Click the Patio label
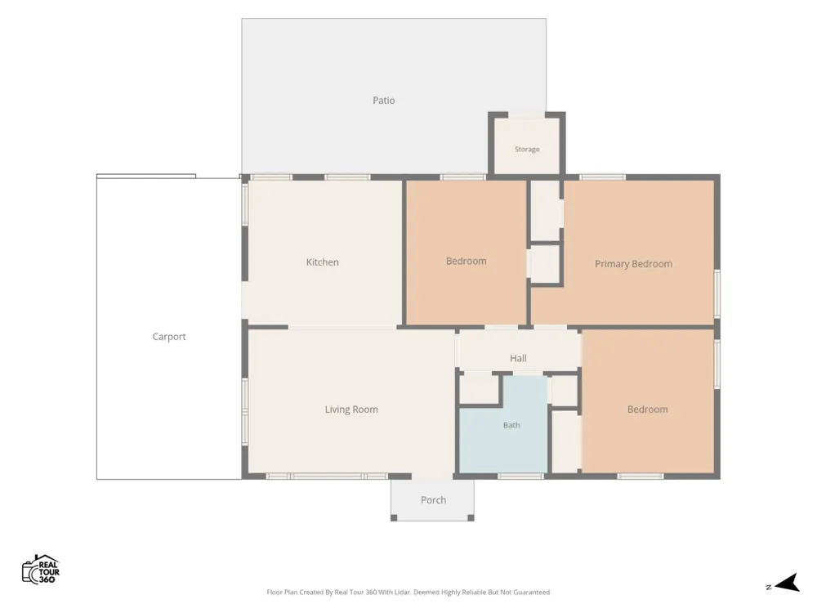(x=383, y=100)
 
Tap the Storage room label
(x=527, y=149)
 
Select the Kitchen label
(x=322, y=262)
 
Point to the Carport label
(x=169, y=337)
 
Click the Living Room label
(x=351, y=409)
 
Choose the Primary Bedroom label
(x=633, y=264)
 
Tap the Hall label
(x=518, y=358)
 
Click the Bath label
(x=511, y=425)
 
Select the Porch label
(x=433, y=500)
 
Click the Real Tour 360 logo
(x=41, y=569)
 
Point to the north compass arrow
(x=787, y=583)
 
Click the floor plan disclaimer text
(x=408, y=592)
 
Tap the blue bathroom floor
(x=503, y=438)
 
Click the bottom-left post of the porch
(x=394, y=517)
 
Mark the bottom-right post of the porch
(x=471, y=517)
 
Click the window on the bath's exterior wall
(x=520, y=476)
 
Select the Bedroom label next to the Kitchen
(x=466, y=261)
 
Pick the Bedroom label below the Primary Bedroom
(x=647, y=409)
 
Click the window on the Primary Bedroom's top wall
(x=602, y=177)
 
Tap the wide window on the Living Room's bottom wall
(x=327, y=476)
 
